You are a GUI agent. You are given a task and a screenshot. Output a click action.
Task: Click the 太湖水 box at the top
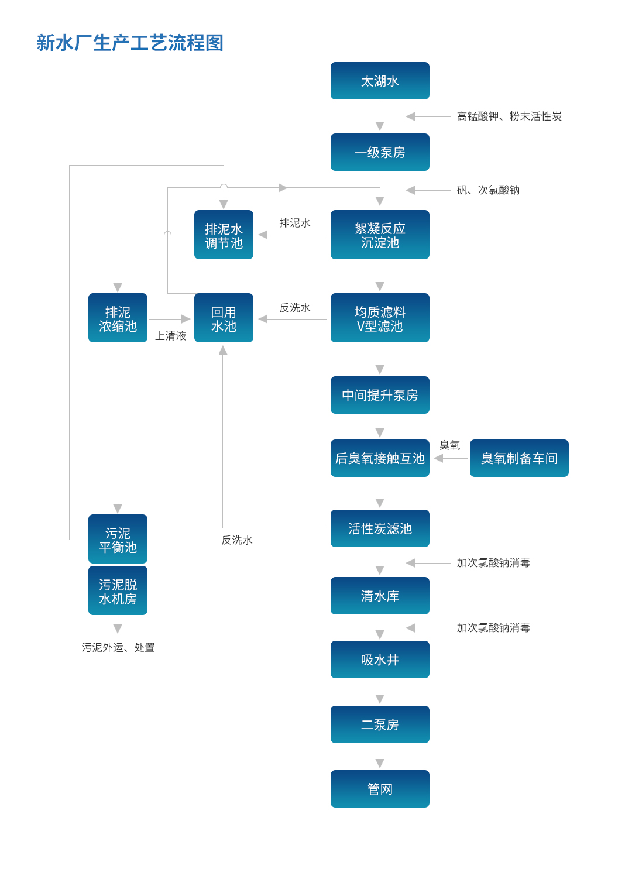pyautogui.click(x=380, y=81)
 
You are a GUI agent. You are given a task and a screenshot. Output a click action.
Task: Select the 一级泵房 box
pyautogui.click(x=380, y=152)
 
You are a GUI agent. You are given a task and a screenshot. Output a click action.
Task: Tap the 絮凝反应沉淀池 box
pyautogui.click(x=380, y=235)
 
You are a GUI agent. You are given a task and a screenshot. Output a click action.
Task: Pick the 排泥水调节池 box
pyautogui.click(x=224, y=235)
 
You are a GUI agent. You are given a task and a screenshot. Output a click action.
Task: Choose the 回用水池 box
pyautogui.click(x=224, y=318)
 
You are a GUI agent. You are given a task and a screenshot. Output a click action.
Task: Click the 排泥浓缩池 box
pyautogui.click(x=118, y=318)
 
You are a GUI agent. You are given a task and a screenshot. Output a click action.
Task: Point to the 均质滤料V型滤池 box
pyautogui.click(x=380, y=318)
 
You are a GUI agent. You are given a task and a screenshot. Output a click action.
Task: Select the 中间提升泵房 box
pyautogui.click(x=380, y=395)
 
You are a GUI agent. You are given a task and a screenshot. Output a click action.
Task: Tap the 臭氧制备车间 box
pyautogui.click(x=519, y=458)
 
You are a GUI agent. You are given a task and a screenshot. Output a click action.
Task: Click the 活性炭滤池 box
pyautogui.click(x=380, y=528)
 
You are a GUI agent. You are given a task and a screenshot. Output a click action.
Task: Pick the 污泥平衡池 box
pyautogui.click(x=118, y=539)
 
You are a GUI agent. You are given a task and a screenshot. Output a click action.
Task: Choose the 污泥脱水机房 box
pyautogui.click(x=118, y=590)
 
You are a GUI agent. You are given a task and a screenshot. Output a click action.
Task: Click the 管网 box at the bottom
pyautogui.click(x=380, y=789)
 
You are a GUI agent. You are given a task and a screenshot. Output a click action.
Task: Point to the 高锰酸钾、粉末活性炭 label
pyautogui.click(x=509, y=116)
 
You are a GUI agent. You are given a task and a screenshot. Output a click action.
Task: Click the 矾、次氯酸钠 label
pyautogui.click(x=488, y=190)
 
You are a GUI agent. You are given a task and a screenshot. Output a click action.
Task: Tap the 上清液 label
pyautogui.click(x=170, y=336)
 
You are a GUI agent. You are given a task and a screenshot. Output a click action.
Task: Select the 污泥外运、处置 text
pyautogui.click(x=118, y=647)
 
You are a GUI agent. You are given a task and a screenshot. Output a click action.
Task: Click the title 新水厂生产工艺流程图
pyautogui.click(x=130, y=43)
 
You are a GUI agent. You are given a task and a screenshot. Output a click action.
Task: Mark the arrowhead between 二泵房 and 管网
pyautogui.click(x=380, y=763)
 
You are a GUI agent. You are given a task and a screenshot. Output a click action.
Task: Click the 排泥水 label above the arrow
pyautogui.click(x=295, y=223)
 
